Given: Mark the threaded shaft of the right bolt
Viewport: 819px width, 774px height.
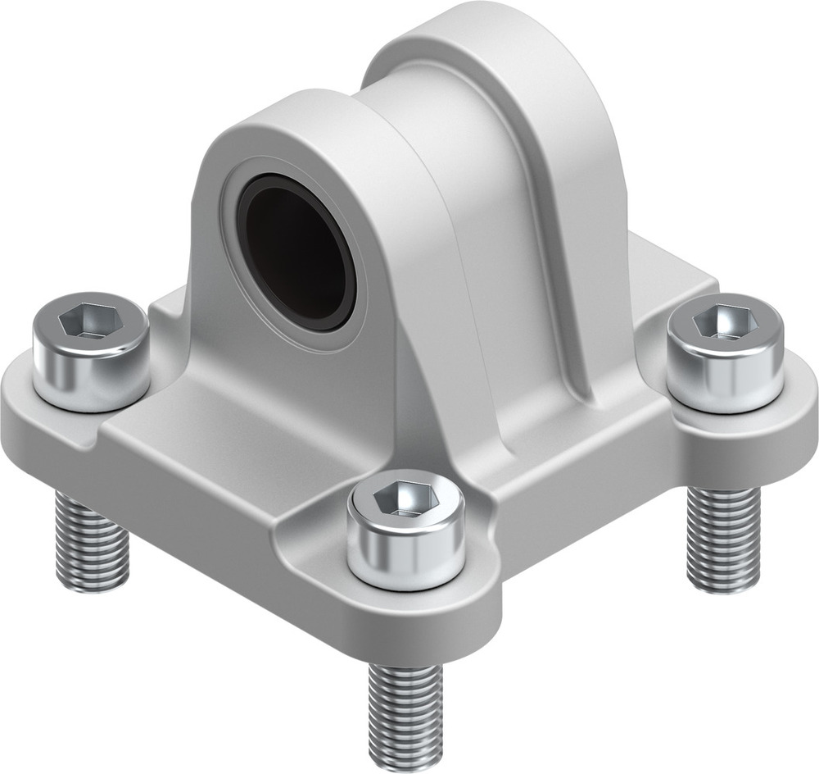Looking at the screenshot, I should pyautogui.click(x=722, y=537).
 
